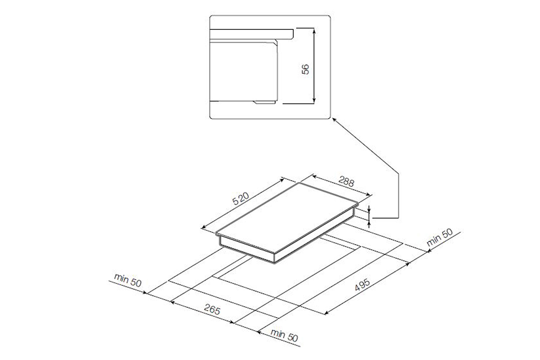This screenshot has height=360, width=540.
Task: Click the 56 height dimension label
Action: tap(305, 69)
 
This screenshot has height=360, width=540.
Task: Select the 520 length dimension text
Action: tap(240, 198)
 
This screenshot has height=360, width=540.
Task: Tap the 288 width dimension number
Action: tap(346, 181)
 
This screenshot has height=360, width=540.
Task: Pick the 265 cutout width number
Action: tap(212, 309)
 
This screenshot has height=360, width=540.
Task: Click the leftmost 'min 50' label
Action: tap(127, 280)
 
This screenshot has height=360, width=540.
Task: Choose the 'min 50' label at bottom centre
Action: tap(284, 335)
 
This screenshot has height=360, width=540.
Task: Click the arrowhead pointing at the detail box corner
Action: tap(334, 120)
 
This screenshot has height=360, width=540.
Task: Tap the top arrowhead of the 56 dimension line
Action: tap(314, 30)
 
